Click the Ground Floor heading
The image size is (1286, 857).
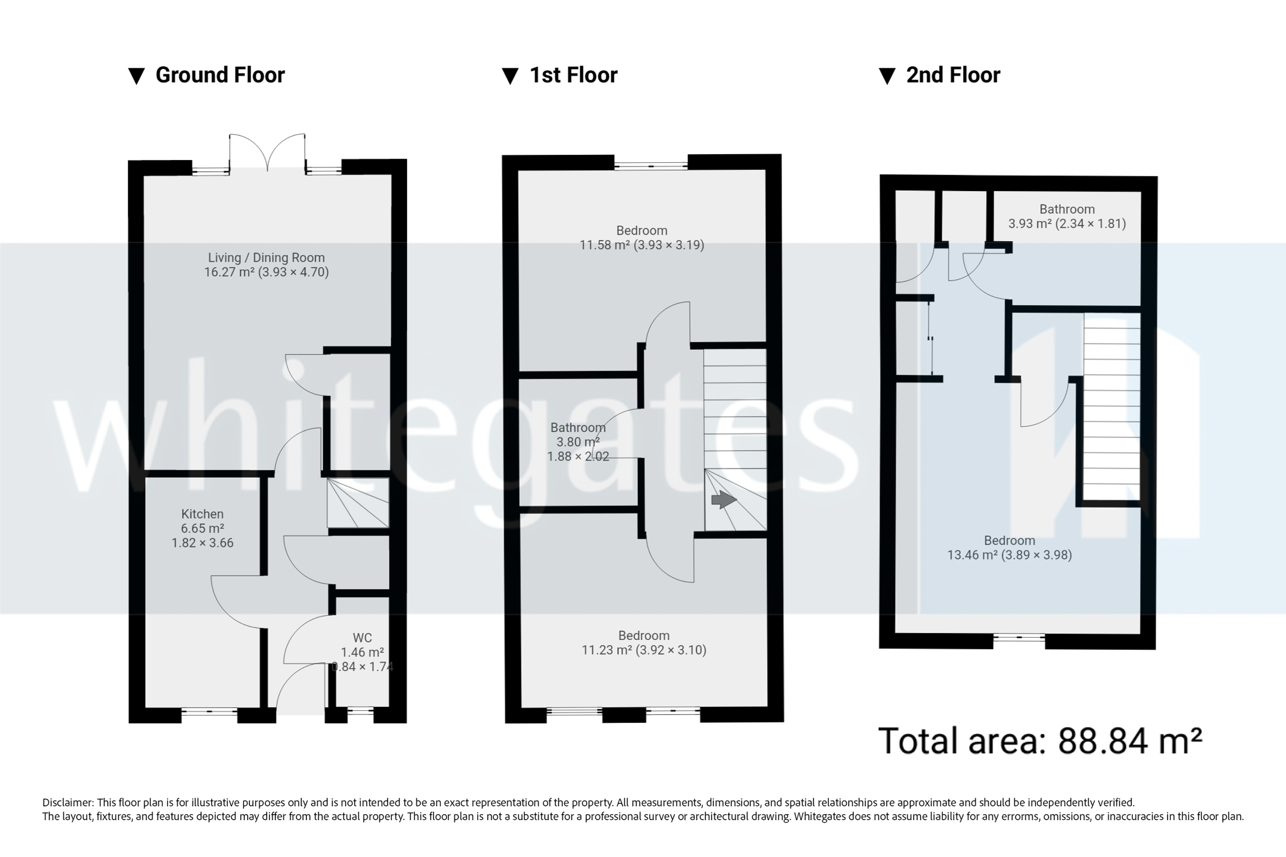click(219, 75)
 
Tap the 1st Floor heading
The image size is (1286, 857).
click(573, 75)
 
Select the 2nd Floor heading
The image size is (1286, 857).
click(953, 75)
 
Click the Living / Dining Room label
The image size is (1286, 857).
click(266, 258)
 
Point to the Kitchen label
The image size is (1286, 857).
click(202, 514)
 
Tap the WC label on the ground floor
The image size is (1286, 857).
click(362, 638)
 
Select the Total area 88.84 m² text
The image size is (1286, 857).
click(1040, 741)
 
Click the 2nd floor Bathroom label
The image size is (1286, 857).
click(1067, 210)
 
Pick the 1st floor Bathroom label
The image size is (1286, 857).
click(577, 428)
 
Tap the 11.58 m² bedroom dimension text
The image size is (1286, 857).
click(641, 245)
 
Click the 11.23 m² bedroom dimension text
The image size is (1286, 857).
click(644, 650)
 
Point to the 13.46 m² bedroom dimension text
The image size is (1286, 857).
click(1009, 555)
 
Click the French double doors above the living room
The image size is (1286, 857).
click(267, 153)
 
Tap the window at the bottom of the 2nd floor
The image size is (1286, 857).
click(1018, 638)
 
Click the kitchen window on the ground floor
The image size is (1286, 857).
click(209, 713)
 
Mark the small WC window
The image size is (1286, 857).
click(360, 712)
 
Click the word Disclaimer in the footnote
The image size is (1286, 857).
click(67, 802)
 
